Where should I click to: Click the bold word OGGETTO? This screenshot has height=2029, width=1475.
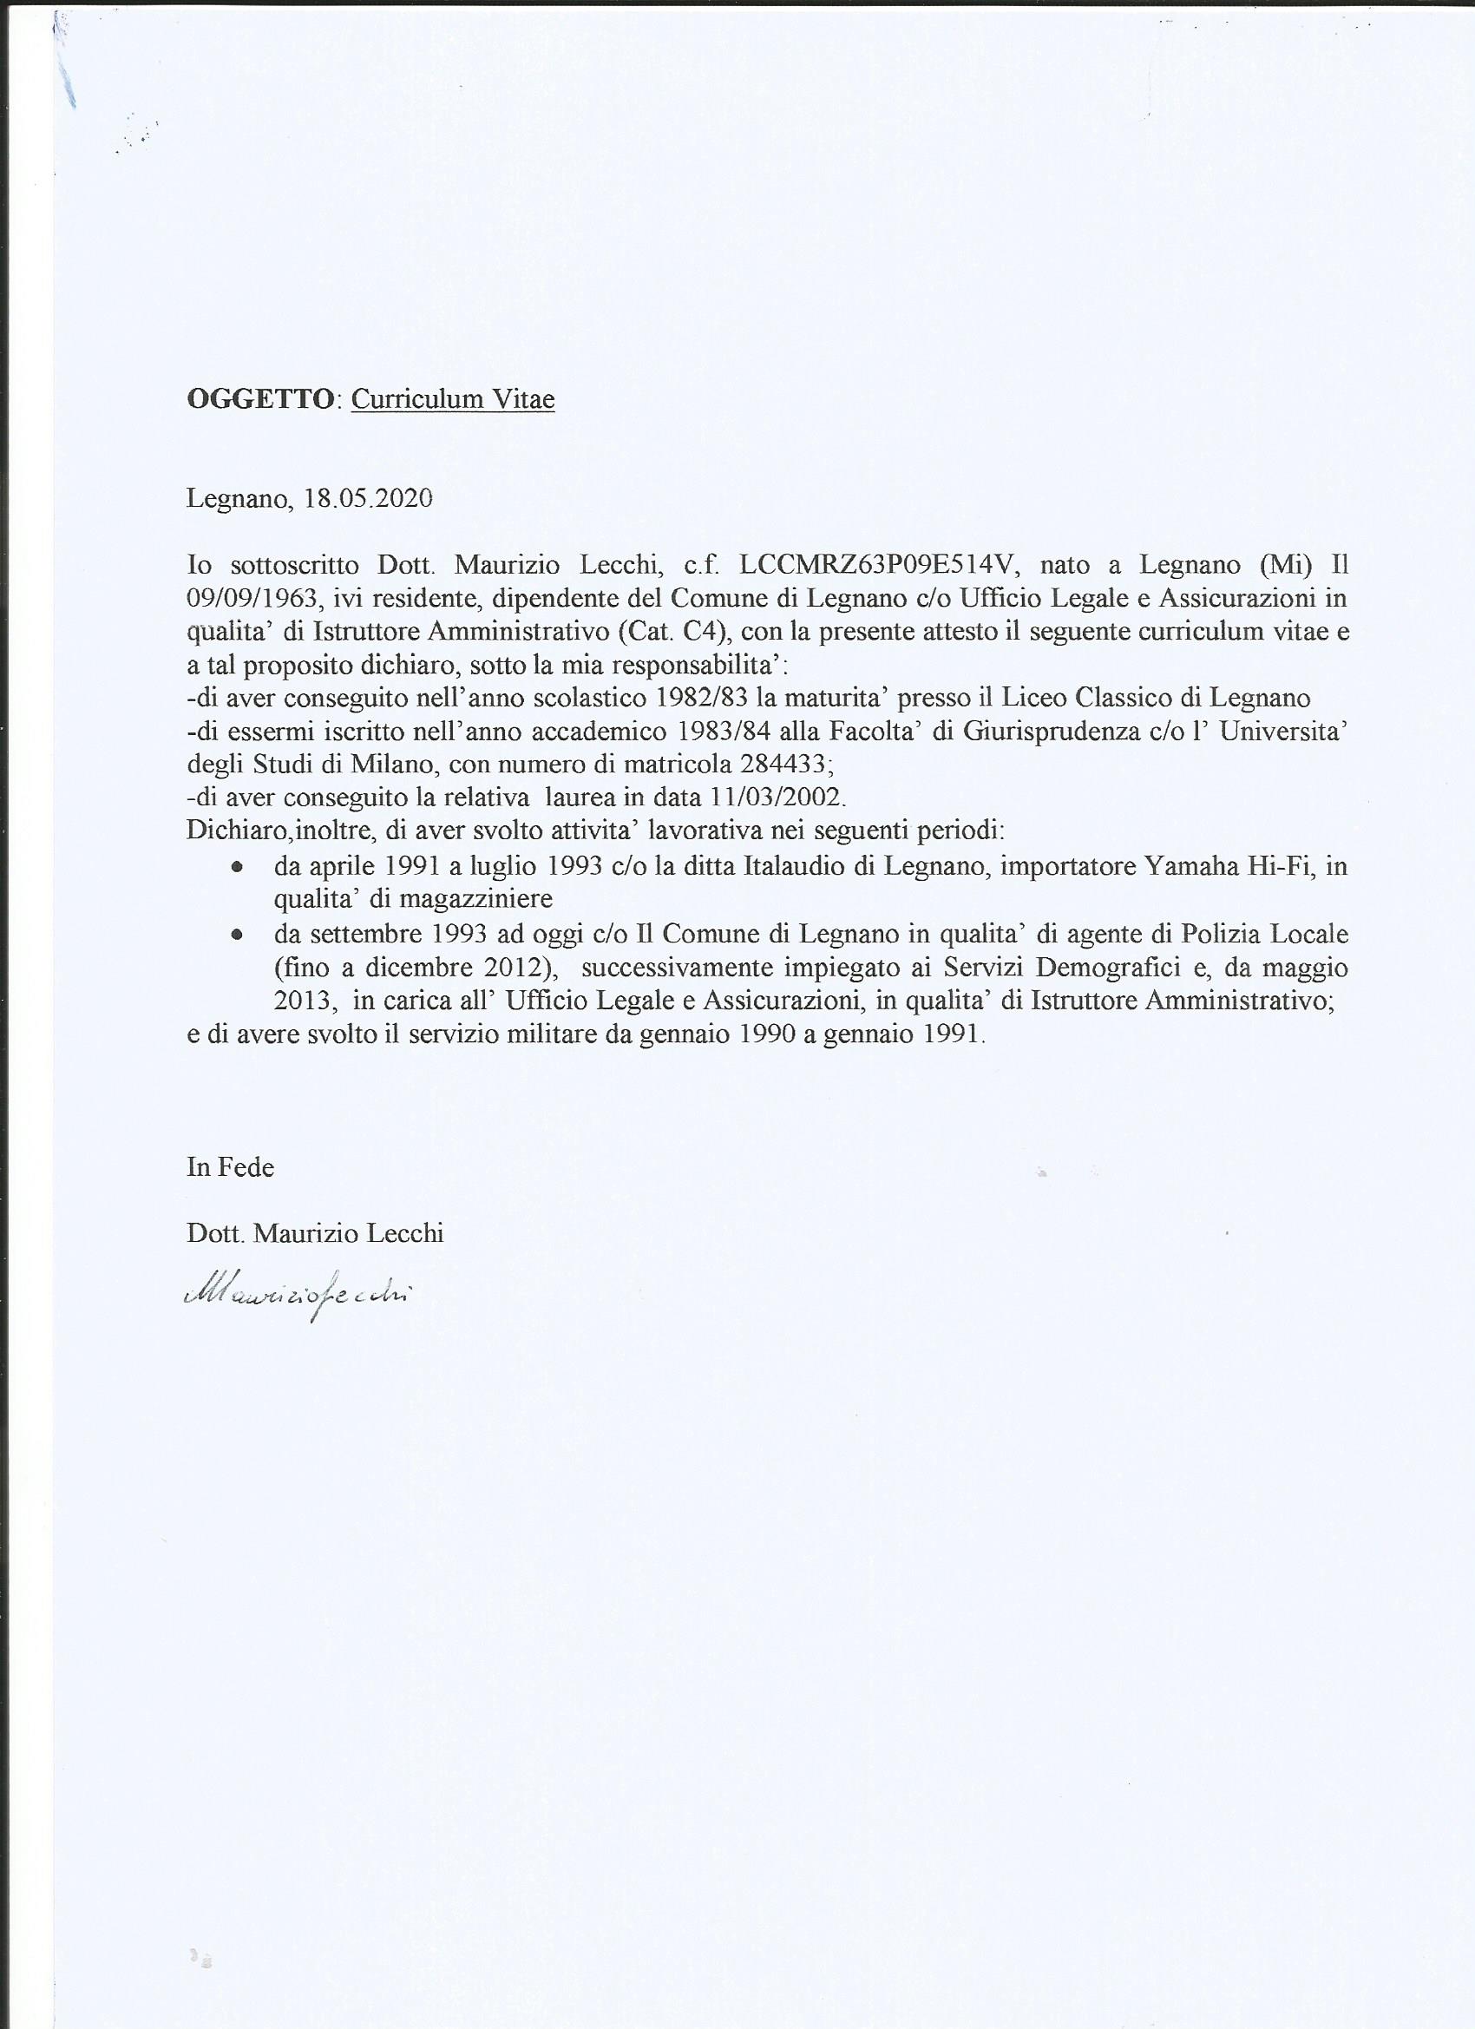(x=259, y=399)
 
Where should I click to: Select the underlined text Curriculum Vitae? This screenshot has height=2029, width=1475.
(x=453, y=399)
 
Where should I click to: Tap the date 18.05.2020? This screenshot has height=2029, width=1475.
(x=368, y=497)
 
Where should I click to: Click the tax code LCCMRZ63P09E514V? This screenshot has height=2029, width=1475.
(x=879, y=566)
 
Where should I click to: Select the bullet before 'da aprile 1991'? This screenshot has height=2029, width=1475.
(x=236, y=868)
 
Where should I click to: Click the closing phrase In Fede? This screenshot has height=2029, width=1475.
(x=230, y=1166)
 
